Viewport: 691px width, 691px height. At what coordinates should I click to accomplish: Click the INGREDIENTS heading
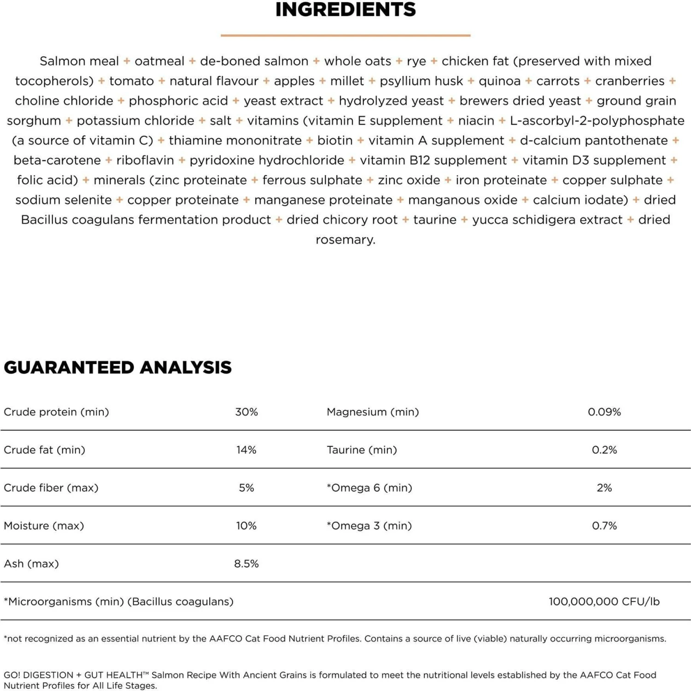pos(345,10)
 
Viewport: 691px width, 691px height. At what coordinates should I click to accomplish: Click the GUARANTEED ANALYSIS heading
pos(117,367)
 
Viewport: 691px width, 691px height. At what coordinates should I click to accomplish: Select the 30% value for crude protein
pos(246,412)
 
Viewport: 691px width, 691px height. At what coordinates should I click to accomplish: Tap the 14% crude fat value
pos(246,450)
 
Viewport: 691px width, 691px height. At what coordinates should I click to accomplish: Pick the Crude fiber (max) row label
pos(51,488)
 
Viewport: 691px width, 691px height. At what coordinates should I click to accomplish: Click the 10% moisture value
pos(246,526)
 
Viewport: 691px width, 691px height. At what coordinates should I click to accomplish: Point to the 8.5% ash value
pos(246,563)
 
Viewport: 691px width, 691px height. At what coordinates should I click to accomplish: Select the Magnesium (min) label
pos(373,412)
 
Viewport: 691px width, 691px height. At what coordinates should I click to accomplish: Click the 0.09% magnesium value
pos(604,412)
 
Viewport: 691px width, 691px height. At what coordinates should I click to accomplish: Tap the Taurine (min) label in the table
pos(362,450)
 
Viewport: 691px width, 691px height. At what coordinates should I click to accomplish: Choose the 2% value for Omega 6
pos(604,488)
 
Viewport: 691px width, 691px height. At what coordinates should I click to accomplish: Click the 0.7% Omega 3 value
pos(604,526)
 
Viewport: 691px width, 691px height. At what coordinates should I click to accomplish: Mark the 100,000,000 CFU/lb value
pos(604,601)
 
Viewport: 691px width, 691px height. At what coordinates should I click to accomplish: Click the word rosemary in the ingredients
pos(345,240)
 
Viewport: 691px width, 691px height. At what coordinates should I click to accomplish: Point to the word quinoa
pos(499,81)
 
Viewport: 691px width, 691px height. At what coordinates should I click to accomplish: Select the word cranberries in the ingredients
pos(630,81)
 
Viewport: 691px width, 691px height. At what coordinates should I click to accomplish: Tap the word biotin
pos(335,141)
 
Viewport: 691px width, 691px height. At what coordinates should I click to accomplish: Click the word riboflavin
pos(145,160)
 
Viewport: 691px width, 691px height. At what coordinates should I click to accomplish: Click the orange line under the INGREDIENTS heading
pos(345,35)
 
